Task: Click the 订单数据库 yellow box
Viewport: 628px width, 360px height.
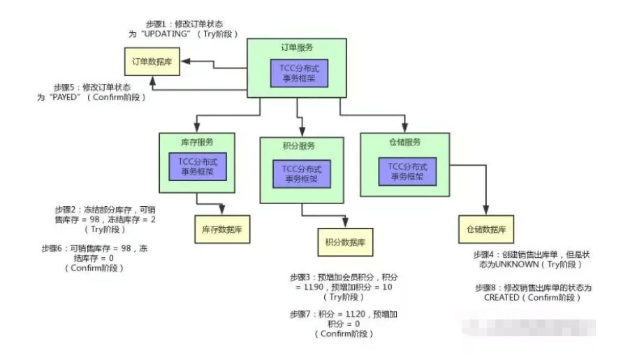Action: (x=152, y=62)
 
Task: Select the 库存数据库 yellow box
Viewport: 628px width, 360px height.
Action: (x=221, y=229)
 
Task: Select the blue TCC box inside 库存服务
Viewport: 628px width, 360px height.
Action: (x=198, y=168)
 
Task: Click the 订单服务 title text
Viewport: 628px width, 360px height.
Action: (x=296, y=48)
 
